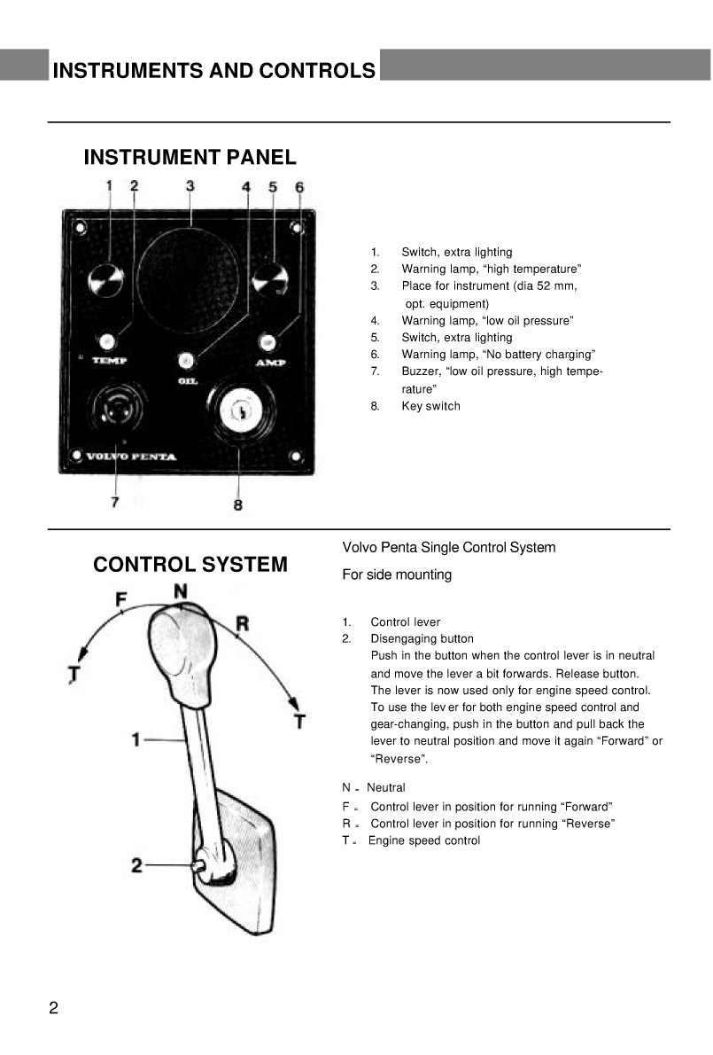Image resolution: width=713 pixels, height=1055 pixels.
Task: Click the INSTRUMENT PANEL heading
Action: click(190, 158)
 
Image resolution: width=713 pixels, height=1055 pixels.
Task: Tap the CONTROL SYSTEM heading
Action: click(190, 565)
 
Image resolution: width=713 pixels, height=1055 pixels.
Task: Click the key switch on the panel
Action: click(239, 410)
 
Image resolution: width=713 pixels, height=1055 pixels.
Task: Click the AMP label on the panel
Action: click(270, 363)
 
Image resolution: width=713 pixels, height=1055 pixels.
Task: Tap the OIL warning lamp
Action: click(186, 360)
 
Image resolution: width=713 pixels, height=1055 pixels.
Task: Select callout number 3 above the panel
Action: click(190, 186)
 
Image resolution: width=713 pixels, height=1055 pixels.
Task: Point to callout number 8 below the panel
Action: click(237, 504)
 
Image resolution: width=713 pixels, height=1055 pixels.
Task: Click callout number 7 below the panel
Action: click(114, 502)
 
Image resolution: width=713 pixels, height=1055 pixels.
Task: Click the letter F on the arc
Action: click(121, 600)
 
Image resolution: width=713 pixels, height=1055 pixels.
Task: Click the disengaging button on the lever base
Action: click(200, 866)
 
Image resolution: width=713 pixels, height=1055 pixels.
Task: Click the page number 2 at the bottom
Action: click(53, 1008)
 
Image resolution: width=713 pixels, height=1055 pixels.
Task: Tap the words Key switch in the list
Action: click(430, 406)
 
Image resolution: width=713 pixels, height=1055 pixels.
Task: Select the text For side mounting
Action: click(397, 574)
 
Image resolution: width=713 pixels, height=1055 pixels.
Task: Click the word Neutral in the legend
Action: click(385, 787)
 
